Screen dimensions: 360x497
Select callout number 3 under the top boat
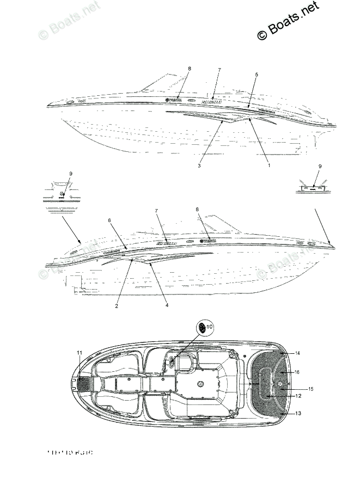click(199, 165)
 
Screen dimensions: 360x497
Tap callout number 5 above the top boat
click(257, 75)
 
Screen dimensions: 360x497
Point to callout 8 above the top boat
click(190, 69)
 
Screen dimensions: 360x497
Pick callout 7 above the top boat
click(219, 70)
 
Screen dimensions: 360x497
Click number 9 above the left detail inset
click(70, 174)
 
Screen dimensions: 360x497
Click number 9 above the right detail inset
click(320, 167)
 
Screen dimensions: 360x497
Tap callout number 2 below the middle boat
click(117, 306)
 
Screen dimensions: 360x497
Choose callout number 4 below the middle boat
click(167, 305)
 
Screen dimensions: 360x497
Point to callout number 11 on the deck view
click(80, 353)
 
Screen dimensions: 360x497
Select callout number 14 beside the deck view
click(297, 354)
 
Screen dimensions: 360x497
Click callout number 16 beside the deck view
click(297, 372)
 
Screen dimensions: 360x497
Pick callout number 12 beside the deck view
click(297, 396)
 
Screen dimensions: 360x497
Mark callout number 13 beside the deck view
click(297, 414)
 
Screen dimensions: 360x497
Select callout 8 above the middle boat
click(197, 210)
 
